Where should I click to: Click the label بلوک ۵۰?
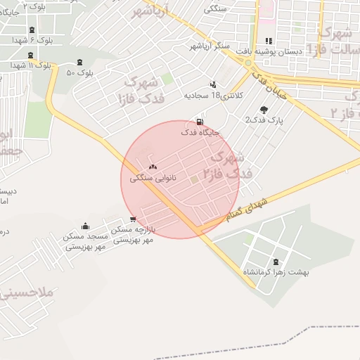pyautogui.click(x=80, y=73)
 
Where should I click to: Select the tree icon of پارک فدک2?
pyautogui.click(x=264, y=110)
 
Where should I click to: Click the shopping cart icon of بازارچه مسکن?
pyautogui.click(x=133, y=219)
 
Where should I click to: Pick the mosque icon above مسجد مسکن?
pyautogui.click(x=86, y=226)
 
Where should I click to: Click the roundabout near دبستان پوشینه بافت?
pyautogui.click(x=250, y=63)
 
